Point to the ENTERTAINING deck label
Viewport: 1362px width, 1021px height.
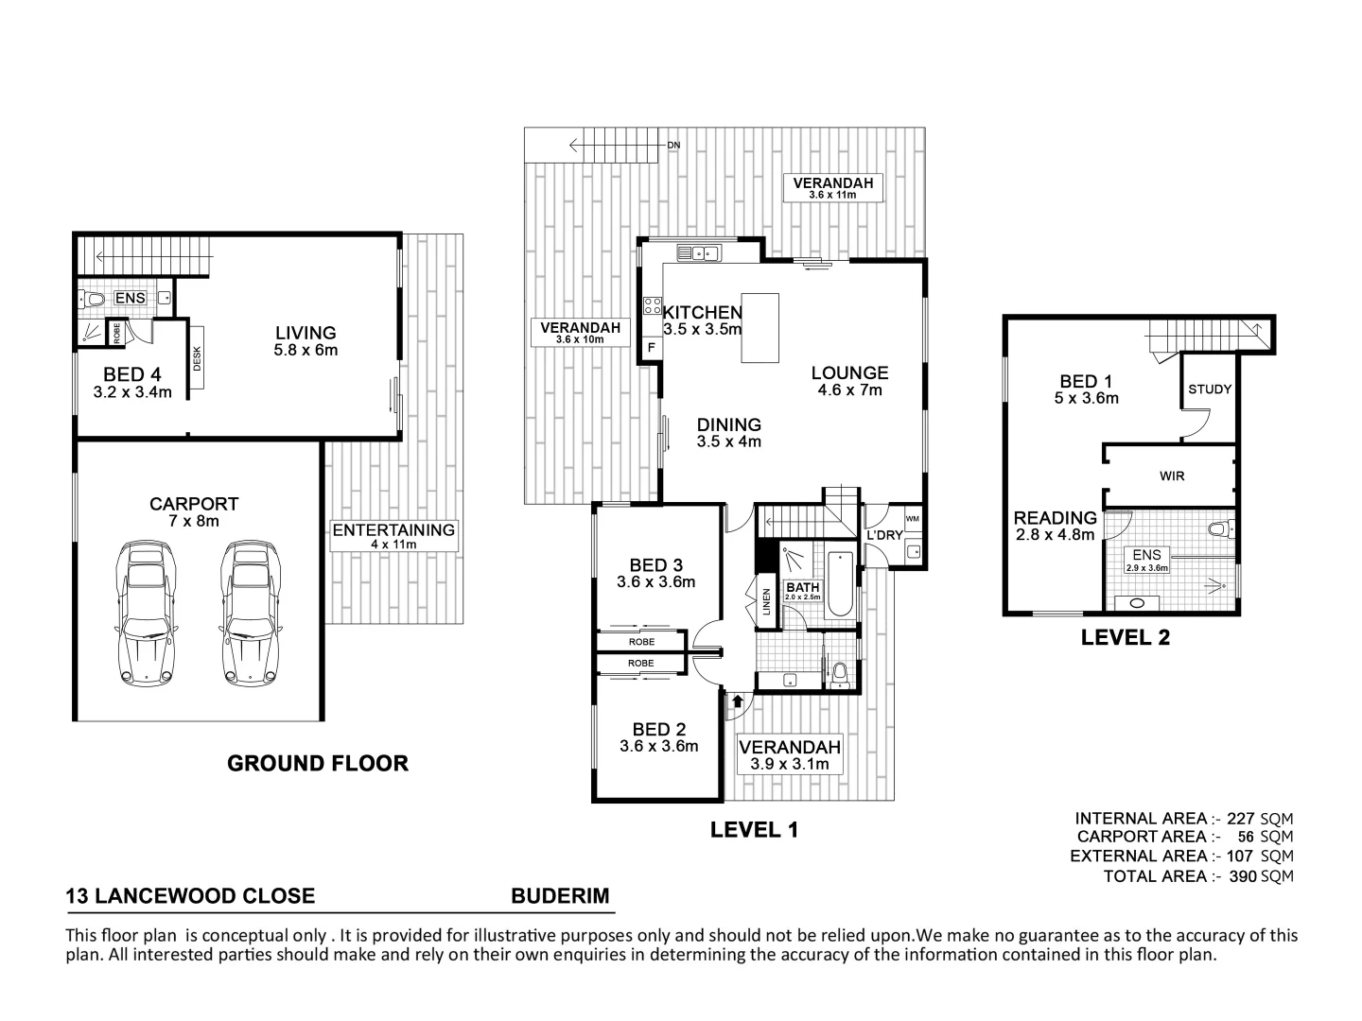(393, 530)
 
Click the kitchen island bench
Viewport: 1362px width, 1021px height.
(761, 328)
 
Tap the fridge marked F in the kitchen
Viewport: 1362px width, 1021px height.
(651, 348)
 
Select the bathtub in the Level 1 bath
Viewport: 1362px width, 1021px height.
(839, 585)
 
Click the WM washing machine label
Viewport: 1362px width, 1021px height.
(912, 519)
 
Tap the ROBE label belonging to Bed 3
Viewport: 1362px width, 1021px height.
(640, 642)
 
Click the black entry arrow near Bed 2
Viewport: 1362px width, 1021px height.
(738, 701)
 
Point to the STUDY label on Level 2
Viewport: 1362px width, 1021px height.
(1209, 389)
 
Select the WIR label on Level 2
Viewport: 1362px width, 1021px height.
(1171, 476)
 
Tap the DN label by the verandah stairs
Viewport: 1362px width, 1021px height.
(673, 146)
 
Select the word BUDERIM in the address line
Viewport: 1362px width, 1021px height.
(560, 896)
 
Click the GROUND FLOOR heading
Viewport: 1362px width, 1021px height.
(318, 763)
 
